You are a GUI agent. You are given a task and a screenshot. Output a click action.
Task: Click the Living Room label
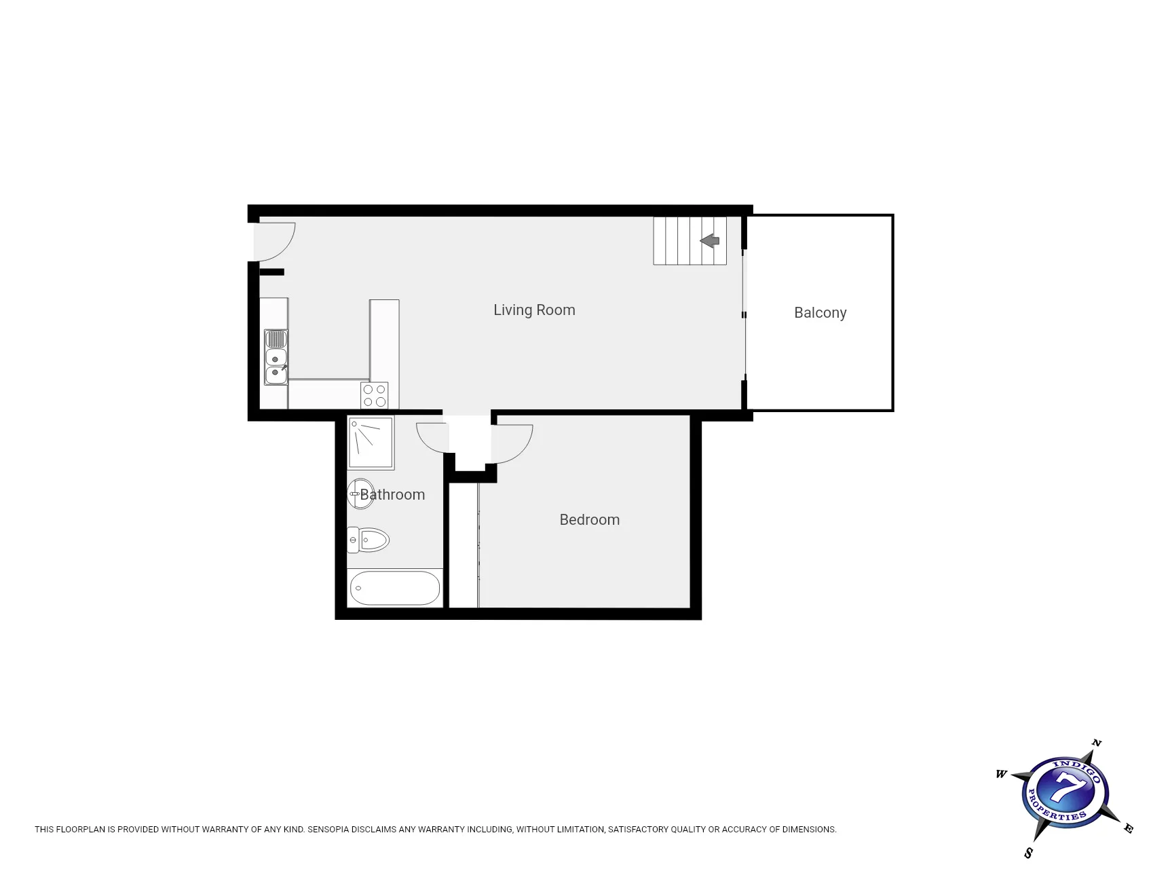[534, 310]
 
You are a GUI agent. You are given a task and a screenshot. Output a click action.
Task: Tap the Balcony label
[820, 313]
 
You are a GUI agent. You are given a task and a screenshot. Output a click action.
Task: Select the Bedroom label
[589, 520]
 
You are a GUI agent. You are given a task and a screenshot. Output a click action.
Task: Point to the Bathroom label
[392, 495]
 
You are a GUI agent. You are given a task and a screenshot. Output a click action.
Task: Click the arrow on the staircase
[709, 240]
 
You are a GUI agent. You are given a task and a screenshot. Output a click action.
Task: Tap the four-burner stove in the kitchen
[375, 396]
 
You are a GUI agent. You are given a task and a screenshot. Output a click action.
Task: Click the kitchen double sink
[276, 357]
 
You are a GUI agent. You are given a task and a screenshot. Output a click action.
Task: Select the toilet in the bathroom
[368, 540]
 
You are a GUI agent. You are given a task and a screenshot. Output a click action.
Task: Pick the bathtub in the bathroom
[395, 588]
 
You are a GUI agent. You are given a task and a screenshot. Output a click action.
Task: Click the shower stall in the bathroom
[371, 443]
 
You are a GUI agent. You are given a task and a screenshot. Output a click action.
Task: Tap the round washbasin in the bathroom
[360, 494]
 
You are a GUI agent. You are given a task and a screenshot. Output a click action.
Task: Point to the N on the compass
[1096, 743]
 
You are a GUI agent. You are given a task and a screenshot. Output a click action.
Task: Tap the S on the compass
[1029, 853]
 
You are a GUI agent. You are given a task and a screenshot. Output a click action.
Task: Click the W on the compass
[1002, 774]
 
